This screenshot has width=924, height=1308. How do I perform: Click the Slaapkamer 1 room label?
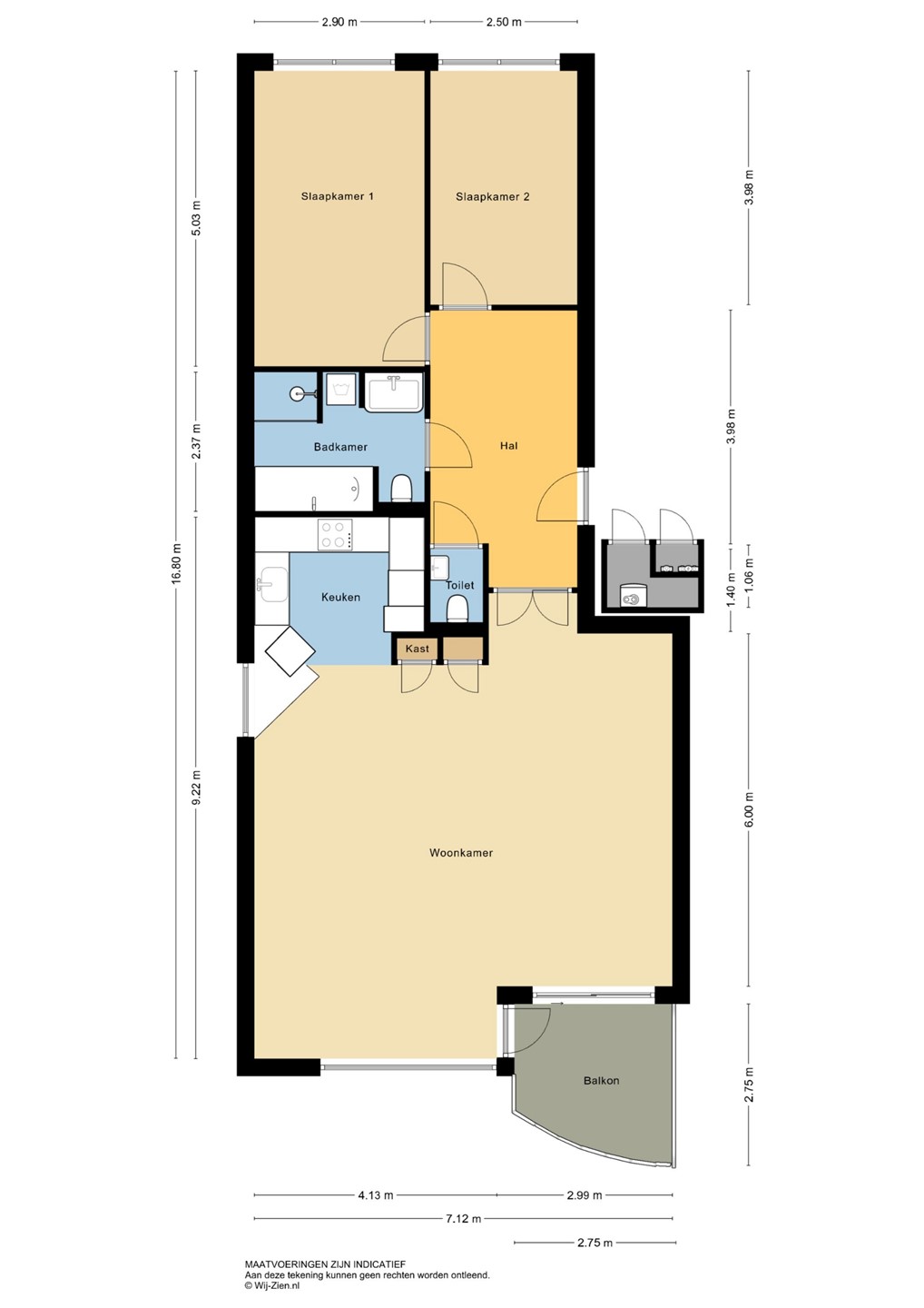337,196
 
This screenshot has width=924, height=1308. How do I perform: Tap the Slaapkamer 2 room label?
492,197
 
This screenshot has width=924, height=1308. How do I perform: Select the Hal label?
508,445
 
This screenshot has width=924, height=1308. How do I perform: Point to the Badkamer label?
340,447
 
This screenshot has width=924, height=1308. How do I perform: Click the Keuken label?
340,597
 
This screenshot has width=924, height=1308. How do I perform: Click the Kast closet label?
418,649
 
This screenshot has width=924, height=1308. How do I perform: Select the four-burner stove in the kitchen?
335,534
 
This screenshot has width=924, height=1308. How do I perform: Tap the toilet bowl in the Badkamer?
401,489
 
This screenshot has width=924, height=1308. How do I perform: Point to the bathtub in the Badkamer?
314,489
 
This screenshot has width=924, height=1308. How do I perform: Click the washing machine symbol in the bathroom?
340,389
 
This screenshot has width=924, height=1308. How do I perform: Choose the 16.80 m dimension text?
177,562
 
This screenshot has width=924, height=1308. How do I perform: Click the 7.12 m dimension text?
464,1219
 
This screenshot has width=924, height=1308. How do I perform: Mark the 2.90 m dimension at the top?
339,22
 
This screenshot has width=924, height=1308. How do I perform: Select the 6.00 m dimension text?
750,808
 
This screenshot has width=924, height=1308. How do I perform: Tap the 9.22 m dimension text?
196,787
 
